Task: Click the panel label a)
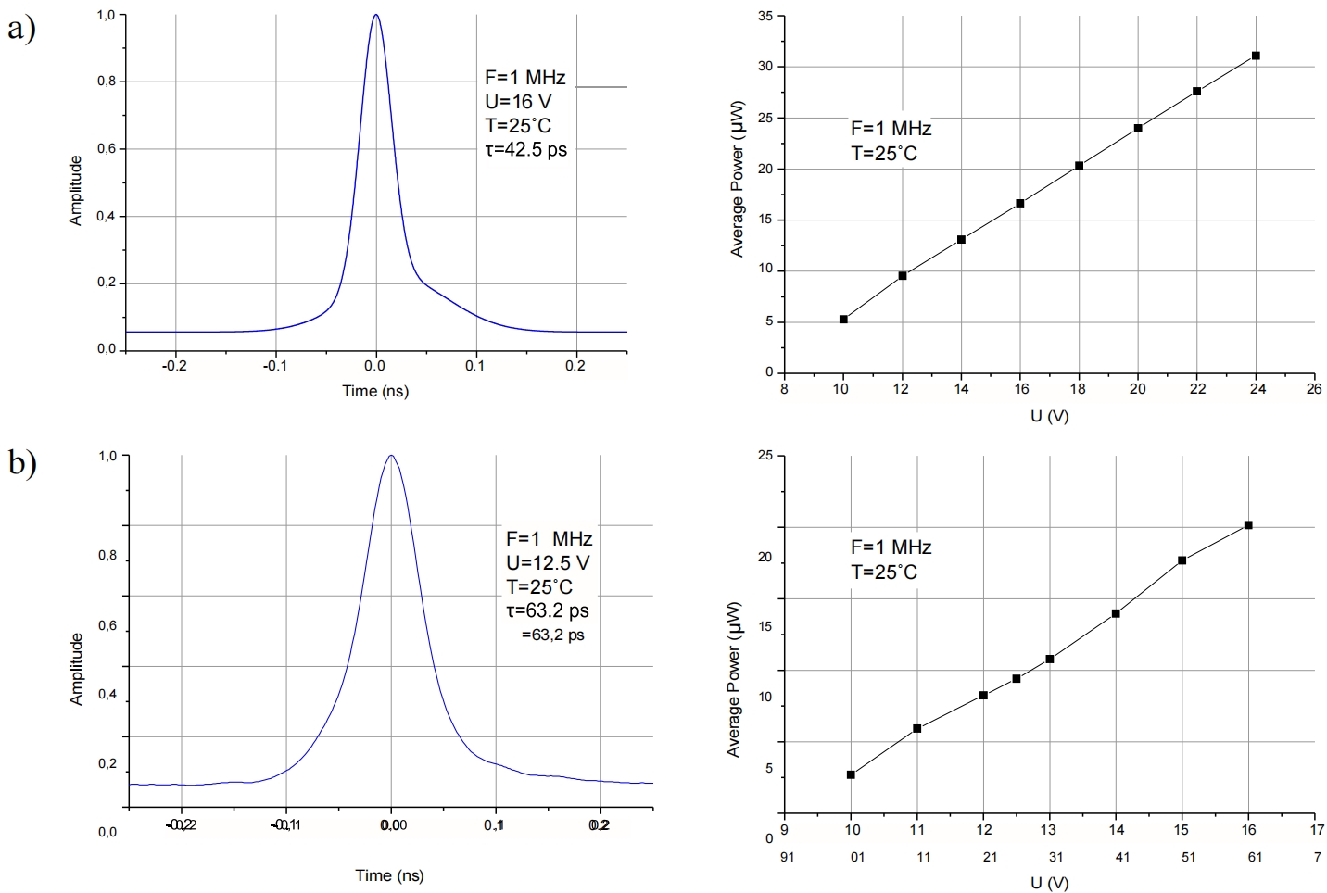pyautogui.click(x=20, y=28)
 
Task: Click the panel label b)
pyautogui.click(x=21, y=460)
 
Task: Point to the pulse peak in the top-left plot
pyautogui.click(x=375, y=15)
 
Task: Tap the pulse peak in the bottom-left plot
pyautogui.click(x=391, y=456)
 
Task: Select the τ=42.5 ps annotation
pyautogui.click(x=525, y=149)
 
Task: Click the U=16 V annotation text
pyautogui.click(x=518, y=101)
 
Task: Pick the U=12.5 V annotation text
pyautogui.click(x=547, y=562)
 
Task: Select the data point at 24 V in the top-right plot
pyautogui.click(x=1256, y=56)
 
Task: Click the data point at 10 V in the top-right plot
pyautogui.click(x=843, y=320)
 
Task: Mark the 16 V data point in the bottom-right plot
pyautogui.click(x=1248, y=525)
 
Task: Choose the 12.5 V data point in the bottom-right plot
pyautogui.click(x=1017, y=678)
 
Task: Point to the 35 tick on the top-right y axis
pyautogui.click(x=765, y=16)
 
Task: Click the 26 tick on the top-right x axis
pyautogui.click(x=1314, y=389)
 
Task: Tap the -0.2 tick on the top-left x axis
pyautogui.click(x=174, y=366)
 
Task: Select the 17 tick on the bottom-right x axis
pyautogui.click(x=1317, y=830)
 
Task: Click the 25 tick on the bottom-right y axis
pyautogui.click(x=765, y=456)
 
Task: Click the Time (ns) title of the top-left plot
pyautogui.click(x=374, y=391)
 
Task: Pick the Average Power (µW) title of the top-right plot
pyautogui.click(x=738, y=179)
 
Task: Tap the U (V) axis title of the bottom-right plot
pyautogui.click(x=1049, y=883)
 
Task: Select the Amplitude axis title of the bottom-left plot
pyautogui.click(x=77, y=669)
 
